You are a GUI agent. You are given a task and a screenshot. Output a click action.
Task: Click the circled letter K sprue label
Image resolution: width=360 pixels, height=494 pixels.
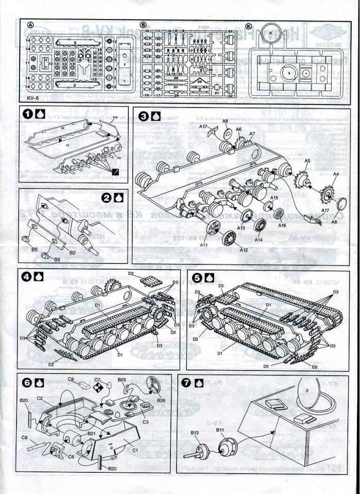[249, 25]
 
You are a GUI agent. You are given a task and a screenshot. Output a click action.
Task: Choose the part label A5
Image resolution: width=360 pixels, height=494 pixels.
[293, 161]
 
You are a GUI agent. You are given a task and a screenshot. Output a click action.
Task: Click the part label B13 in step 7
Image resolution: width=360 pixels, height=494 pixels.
[195, 432]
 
